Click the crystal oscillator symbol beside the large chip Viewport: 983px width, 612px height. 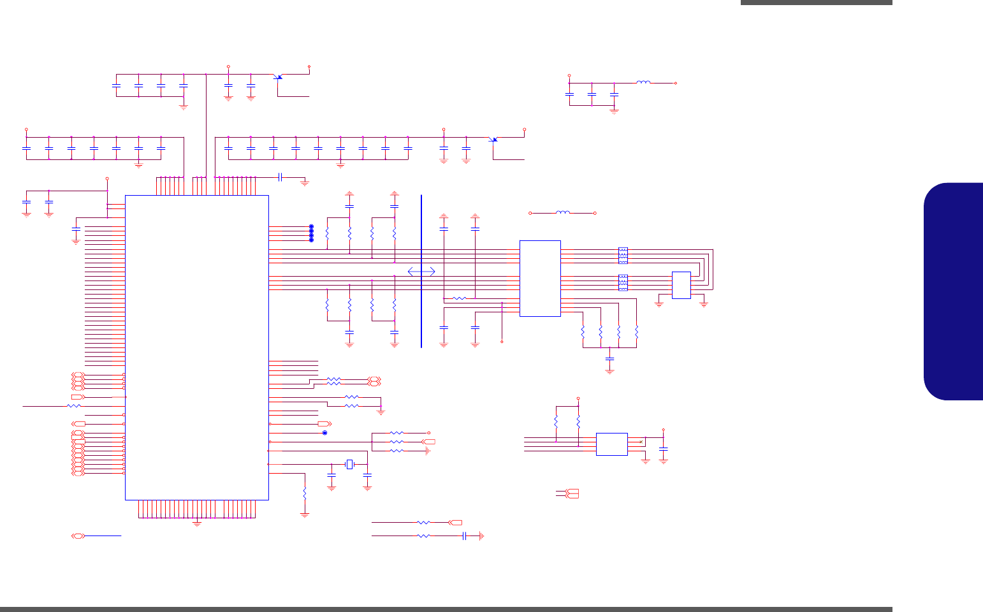pyautogui.click(x=349, y=463)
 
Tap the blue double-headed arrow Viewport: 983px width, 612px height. pyautogui.click(x=421, y=272)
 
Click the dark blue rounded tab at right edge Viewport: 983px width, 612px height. pyautogui.click(x=954, y=291)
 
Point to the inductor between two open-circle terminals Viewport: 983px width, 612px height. pyautogui.click(x=563, y=212)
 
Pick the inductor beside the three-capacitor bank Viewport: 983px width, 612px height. pyautogui.click(x=643, y=82)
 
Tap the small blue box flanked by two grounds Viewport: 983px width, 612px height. pyautogui.click(x=681, y=285)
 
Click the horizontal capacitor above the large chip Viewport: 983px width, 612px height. pyautogui.click(x=280, y=177)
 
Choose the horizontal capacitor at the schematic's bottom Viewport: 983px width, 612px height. pyautogui.click(x=465, y=536)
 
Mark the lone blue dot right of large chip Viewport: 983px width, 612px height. pyautogui.click(x=325, y=433)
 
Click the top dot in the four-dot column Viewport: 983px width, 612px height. pyautogui.click(x=311, y=227)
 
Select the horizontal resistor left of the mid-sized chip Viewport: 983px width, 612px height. pyautogui.click(x=459, y=298)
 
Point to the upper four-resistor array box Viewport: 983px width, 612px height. pyautogui.click(x=623, y=255)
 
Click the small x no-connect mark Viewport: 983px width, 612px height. pyautogui.click(x=641, y=441)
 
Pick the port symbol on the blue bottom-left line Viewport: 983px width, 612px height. pyautogui.click(x=78, y=535)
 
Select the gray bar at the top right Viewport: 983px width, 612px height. pyautogui.click(x=816, y=3)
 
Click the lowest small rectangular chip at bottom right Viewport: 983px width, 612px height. pyautogui.click(x=611, y=444)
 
